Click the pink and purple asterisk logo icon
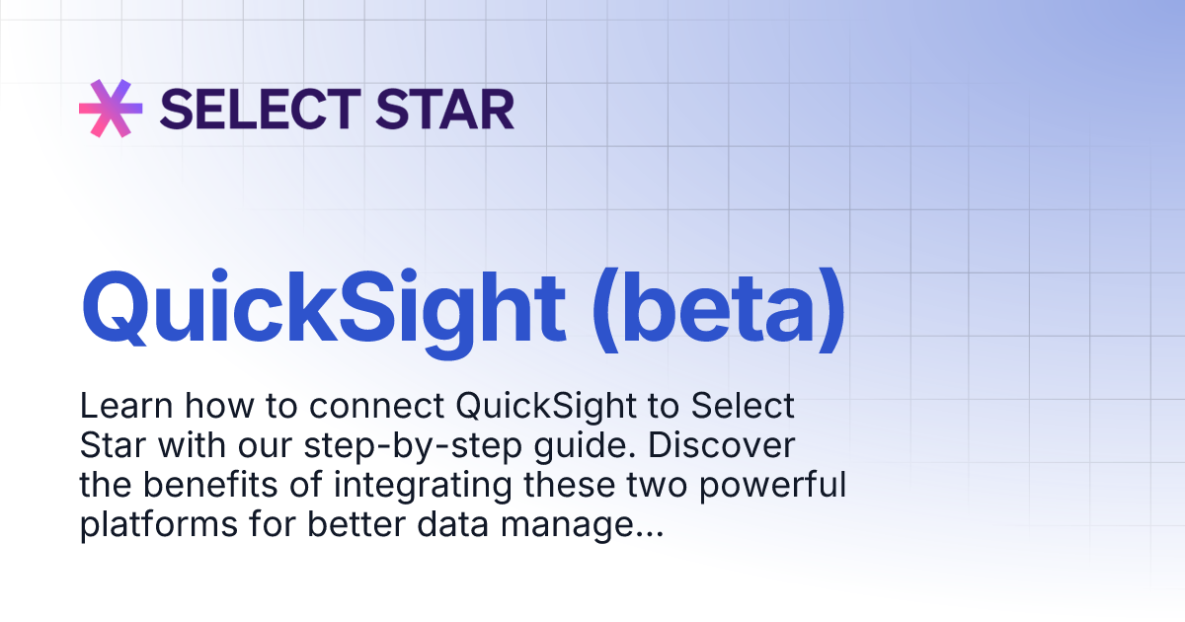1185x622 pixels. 111,108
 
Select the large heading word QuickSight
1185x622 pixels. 324,307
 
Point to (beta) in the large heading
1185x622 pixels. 718,307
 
